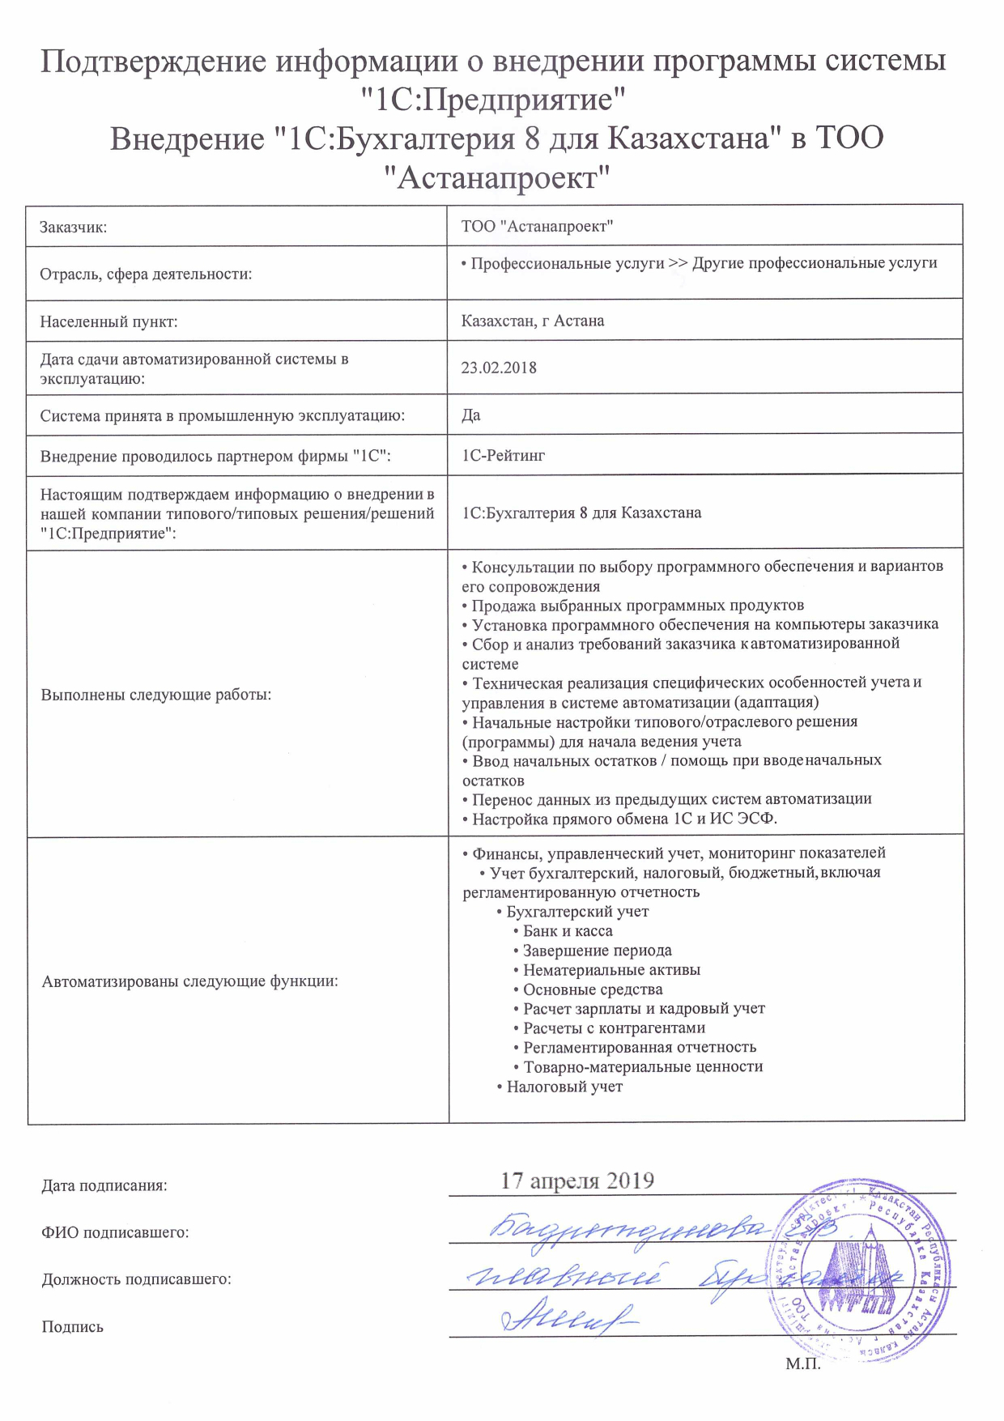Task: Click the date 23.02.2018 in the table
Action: coord(499,368)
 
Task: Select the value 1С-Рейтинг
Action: coord(503,456)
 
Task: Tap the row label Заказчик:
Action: coord(74,228)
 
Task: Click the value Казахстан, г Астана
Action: coord(533,321)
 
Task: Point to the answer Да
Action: coord(471,415)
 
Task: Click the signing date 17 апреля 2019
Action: coord(577,1181)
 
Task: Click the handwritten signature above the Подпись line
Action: coord(567,1317)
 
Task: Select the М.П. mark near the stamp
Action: coord(803,1364)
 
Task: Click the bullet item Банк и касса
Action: coord(568,931)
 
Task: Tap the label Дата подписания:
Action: coord(104,1186)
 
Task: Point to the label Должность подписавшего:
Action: coord(136,1280)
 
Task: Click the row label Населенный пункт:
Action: coord(108,322)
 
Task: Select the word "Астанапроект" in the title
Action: coord(496,177)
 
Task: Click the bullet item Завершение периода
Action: coord(597,951)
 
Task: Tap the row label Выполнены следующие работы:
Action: coord(155,695)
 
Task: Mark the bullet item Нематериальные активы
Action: coord(611,970)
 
